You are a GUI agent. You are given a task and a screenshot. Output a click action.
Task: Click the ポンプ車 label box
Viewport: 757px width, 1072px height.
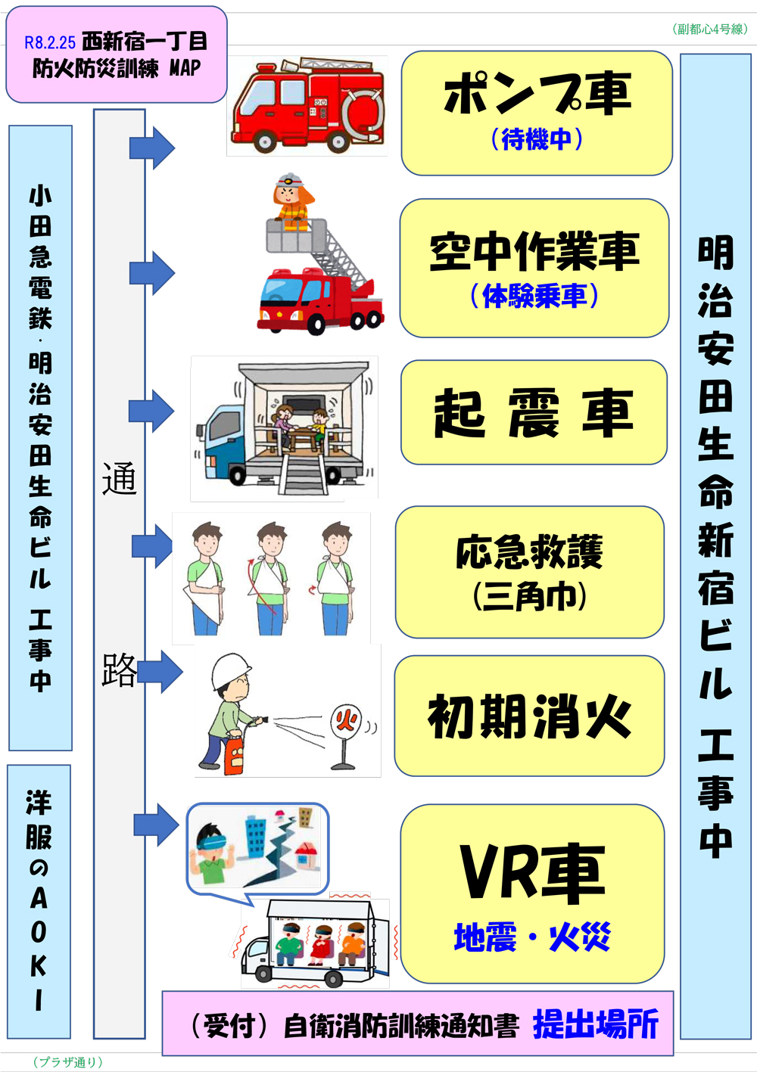point(537,113)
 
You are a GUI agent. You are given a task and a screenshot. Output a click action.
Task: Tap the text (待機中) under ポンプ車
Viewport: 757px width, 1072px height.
point(537,139)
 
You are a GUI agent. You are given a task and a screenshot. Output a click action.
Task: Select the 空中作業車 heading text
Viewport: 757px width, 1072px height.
point(534,251)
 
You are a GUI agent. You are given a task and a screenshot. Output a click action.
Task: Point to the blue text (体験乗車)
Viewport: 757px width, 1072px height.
point(534,295)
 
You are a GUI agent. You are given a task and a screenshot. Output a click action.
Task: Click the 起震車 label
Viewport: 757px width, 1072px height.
point(534,413)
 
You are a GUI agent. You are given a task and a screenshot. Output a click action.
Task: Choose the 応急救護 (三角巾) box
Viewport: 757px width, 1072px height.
point(529,572)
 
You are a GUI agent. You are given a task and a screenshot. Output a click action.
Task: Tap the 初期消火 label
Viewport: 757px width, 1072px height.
point(529,716)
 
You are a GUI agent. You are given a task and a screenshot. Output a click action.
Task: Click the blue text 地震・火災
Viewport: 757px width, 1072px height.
point(532,937)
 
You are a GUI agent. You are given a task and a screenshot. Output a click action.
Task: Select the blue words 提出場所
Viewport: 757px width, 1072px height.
point(596,1024)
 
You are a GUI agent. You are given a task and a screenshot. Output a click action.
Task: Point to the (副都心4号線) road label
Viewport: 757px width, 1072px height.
point(709,30)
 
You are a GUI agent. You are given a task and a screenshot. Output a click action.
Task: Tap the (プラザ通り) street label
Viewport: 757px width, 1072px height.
point(67,1062)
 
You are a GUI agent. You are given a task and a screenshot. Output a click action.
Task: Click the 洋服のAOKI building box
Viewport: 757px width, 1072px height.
point(39,901)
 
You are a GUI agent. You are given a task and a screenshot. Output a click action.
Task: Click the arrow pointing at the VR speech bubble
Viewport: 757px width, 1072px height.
point(157,825)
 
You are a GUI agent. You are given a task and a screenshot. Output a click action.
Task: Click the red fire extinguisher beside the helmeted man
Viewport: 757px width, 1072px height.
point(235,754)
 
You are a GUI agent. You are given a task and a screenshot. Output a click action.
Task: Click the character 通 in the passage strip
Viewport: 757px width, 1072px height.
point(119,478)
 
